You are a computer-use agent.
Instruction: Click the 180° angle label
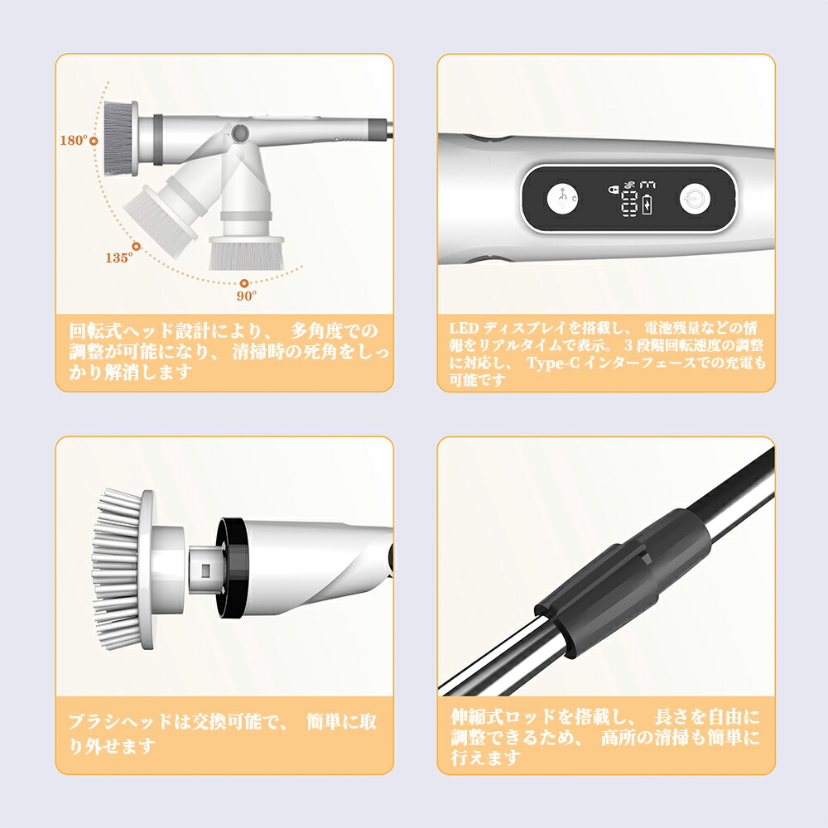tap(74, 141)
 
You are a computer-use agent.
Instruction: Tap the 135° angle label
tap(118, 258)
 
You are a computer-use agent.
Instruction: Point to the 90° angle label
tap(247, 296)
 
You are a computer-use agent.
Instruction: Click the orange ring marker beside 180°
tap(94, 141)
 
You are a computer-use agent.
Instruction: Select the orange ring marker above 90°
tap(244, 283)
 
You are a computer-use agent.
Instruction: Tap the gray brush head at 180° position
tap(121, 139)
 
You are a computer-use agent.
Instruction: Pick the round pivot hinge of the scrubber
tap(240, 133)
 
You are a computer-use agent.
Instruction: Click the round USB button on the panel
tap(562, 200)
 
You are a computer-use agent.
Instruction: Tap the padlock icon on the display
tap(614, 189)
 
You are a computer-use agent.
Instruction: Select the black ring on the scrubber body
tap(233, 568)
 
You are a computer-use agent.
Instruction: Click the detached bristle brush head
tap(124, 570)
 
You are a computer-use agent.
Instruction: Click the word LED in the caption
tap(464, 329)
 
